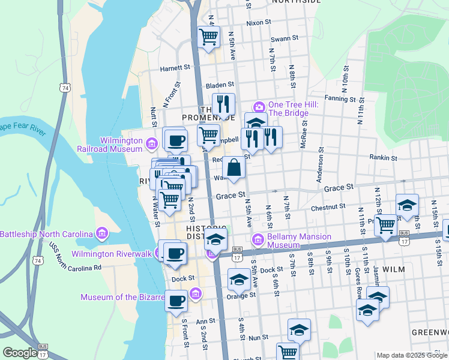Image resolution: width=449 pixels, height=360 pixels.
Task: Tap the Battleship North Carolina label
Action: [47, 233]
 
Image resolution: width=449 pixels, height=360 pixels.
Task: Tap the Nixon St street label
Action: [259, 23]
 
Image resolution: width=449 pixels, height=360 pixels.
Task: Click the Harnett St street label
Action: [175, 68]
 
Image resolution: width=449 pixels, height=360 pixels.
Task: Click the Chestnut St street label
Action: [328, 208]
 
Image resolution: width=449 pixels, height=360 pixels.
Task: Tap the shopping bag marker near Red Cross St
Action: [235, 168]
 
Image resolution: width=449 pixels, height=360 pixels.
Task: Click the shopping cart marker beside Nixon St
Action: [209, 36]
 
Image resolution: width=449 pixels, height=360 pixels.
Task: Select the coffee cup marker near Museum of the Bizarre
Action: [176, 301]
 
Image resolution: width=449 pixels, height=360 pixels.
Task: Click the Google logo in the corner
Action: [20, 353]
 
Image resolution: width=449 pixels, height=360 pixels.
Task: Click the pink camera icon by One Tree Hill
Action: [259, 106]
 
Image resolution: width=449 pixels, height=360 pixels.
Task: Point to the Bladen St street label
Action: [219, 86]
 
